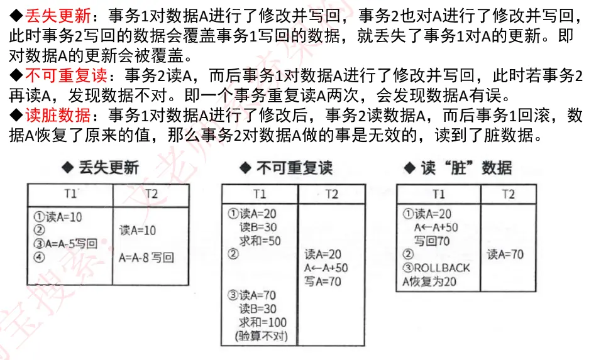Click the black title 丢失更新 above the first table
[108, 167]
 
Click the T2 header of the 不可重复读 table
[331, 194]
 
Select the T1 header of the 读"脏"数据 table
[439, 194]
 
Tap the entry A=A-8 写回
[146, 257]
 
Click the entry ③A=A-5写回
[66, 244]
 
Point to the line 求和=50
[260, 241]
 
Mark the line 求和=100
[263, 322]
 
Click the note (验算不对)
[261, 336]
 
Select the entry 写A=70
[323, 281]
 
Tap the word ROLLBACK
[442, 268]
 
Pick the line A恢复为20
[429, 281]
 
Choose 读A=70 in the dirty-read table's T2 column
[505, 254]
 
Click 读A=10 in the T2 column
[138, 231]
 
